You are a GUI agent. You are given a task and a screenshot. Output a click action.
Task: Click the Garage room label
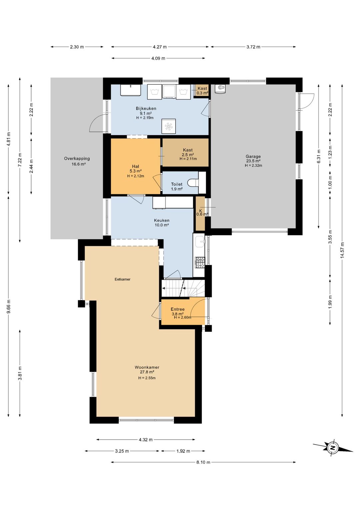point(253,156)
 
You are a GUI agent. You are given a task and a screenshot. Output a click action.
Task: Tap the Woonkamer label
point(147,367)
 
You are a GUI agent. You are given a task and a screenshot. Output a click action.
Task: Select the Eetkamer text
point(122,279)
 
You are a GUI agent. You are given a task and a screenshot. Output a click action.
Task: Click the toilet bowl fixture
point(193,183)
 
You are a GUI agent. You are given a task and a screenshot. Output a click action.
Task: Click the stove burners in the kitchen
point(200,263)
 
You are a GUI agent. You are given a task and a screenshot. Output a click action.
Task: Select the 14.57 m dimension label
point(343,250)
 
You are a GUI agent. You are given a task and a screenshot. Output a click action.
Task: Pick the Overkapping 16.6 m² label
point(77,161)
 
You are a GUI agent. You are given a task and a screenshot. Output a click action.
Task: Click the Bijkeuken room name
point(146,108)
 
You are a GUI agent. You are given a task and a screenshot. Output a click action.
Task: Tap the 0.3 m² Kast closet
point(202,90)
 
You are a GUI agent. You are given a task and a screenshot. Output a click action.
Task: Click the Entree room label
point(178,309)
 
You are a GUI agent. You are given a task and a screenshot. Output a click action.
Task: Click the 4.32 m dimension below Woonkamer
point(146,440)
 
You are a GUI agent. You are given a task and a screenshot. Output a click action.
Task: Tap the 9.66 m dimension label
point(9,306)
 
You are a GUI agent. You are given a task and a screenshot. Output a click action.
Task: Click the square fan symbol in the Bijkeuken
point(168,126)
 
